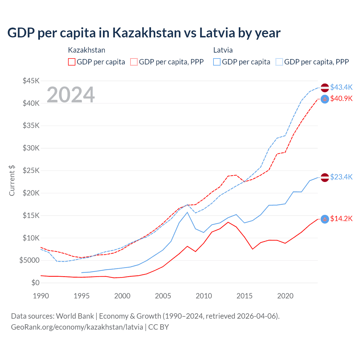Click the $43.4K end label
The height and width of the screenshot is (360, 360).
pyautogui.click(x=341, y=87)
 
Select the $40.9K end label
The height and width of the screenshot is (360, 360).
pyautogui.click(x=341, y=99)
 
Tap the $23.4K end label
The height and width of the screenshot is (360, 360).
pyautogui.click(x=341, y=177)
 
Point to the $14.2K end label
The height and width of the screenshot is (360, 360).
pyautogui.click(x=341, y=219)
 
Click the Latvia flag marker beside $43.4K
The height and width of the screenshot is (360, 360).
pyautogui.click(x=325, y=88)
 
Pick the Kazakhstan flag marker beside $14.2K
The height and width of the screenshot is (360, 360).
pyautogui.click(x=325, y=219)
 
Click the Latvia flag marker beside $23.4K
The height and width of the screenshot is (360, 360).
pyautogui.click(x=325, y=177)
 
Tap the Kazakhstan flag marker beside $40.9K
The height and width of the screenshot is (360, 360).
pyautogui.click(x=325, y=99)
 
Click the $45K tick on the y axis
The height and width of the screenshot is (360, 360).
pyautogui.click(x=31, y=81)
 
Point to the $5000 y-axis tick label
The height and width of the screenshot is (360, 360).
pyautogui.click(x=29, y=260)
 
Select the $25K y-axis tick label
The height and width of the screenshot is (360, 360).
pyautogui.click(x=31, y=171)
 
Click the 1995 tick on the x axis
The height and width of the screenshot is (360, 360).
pyautogui.click(x=82, y=296)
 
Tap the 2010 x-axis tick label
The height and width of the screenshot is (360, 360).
pyautogui.click(x=204, y=296)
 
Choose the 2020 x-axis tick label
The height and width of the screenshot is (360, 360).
pyautogui.click(x=285, y=296)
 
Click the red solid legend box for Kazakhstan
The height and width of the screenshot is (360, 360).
pyautogui.click(x=72, y=62)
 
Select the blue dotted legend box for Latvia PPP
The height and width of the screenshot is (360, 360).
pyautogui.click(x=279, y=62)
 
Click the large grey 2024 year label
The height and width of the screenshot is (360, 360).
pyautogui.click(x=71, y=95)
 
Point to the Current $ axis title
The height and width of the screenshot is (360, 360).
pyautogui.click(x=12, y=180)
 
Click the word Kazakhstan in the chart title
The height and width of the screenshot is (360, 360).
pyautogui.click(x=147, y=33)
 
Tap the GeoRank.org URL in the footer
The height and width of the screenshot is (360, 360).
pyautogui.click(x=77, y=327)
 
